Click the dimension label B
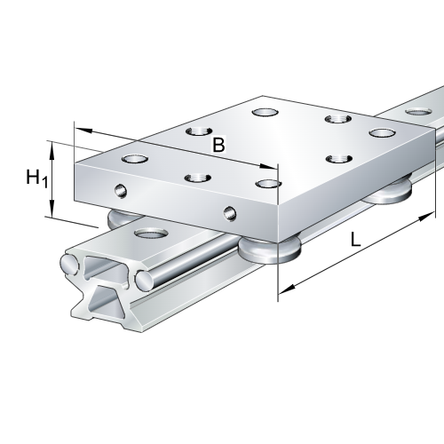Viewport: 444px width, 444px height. [218, 144]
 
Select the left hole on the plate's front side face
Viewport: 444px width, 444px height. [122, 189]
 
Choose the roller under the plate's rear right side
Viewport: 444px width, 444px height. [386, 191]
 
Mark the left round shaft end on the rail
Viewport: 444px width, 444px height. [69, 264]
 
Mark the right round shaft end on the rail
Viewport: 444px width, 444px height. [143, 281]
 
